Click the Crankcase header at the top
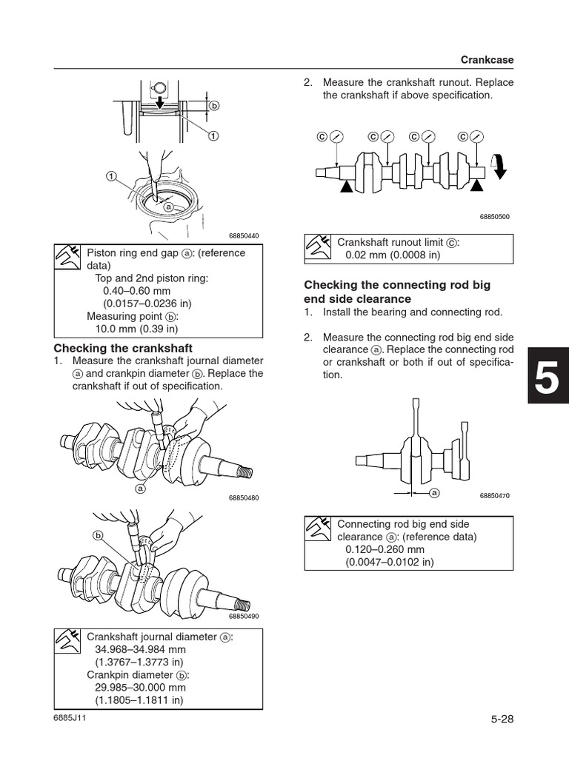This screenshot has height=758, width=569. tap(486, 58)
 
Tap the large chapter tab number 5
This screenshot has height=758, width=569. tap(548, 380)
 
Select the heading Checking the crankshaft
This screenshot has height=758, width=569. tap(124, 348)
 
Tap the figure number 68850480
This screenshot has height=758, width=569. tap(244, 497)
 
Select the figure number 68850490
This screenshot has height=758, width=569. tap(244, 616)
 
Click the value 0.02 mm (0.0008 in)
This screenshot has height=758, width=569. tap(393, 255)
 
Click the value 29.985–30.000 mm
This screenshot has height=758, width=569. tap(142, 687)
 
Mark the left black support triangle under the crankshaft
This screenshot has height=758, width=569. tap(346, 190)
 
